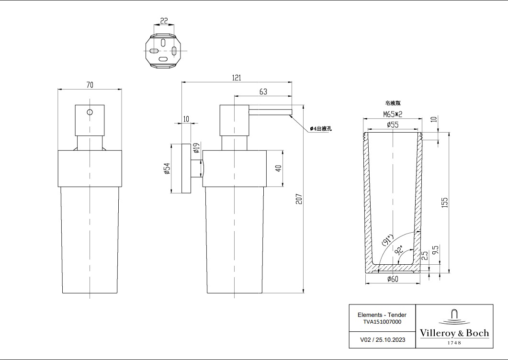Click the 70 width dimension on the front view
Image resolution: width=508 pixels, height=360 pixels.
pos(90,85)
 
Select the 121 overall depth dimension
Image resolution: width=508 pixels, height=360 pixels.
pos(237,78)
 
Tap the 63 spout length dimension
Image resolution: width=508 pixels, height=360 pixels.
pos(263,91)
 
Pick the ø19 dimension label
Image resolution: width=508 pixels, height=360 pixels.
pos(196,147)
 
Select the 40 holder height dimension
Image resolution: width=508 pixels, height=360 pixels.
pos(278,169)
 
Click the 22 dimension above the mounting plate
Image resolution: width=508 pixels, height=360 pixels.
pos(164,21)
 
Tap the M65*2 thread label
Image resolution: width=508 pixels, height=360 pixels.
pos(393,114)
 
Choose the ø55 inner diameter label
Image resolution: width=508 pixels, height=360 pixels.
pos(393,124)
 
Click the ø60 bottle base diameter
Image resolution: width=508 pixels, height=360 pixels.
pos(393,280)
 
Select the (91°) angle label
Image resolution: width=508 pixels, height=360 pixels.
pos(387,239)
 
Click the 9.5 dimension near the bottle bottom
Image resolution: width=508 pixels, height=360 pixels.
pos(436,251)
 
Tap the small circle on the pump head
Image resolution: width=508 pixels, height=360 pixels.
pos(90,112)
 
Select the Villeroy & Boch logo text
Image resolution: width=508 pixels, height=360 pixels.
pos(454,333)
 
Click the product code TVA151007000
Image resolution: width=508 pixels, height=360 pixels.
pos(382,322)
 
